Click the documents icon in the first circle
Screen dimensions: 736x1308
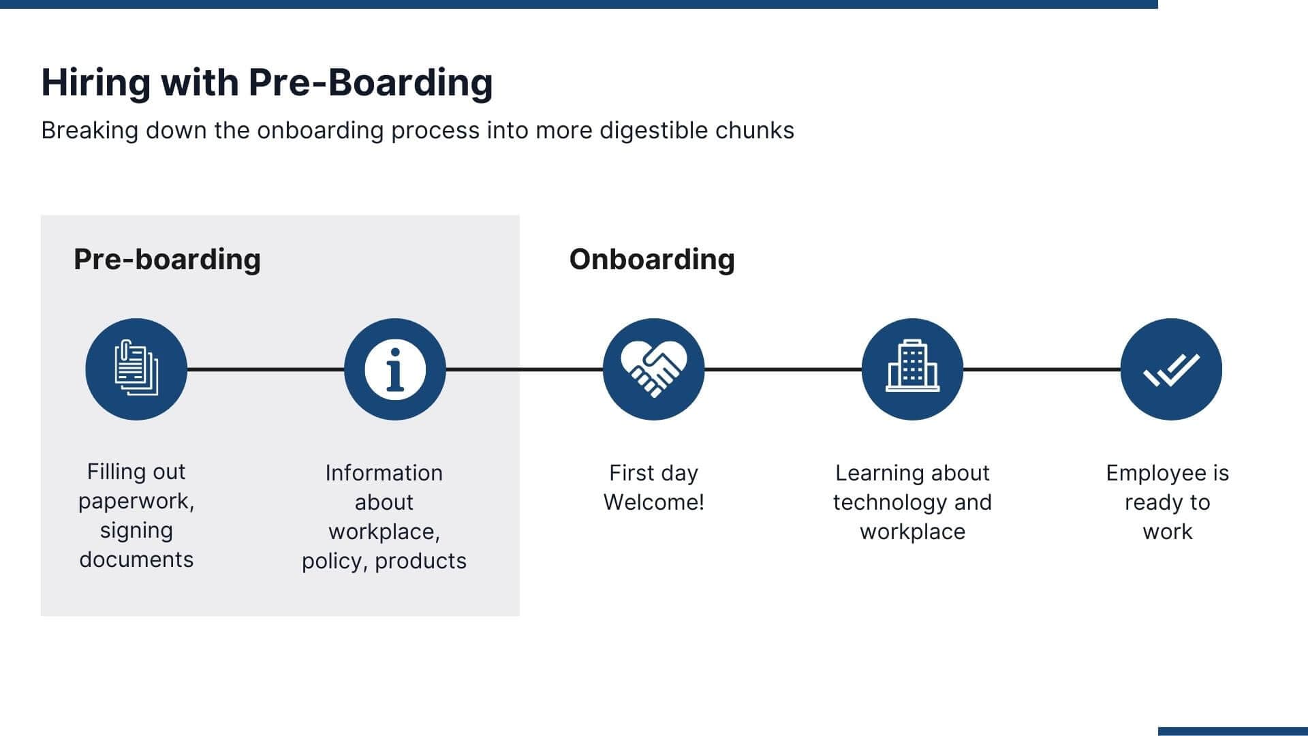[136, 369]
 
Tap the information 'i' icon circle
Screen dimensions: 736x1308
[395, 369]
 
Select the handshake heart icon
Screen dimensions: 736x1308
[653, 369]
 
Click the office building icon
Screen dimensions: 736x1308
[912, 369]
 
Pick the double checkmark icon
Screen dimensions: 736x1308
[1171, 369]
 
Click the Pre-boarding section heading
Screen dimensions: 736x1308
[167, 260]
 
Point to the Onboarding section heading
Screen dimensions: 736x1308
[652, 260]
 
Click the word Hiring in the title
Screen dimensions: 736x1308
[95, 83]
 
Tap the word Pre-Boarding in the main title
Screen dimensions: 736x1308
[370, 83]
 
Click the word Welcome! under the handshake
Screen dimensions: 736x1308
[653, 502]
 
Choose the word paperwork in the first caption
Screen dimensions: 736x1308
[136, 501]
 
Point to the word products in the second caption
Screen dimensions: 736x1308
[420, 561]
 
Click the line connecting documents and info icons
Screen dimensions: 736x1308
[266, 369]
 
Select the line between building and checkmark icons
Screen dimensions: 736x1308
[1042, 369]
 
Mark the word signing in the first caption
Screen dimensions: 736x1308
[136, 530]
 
